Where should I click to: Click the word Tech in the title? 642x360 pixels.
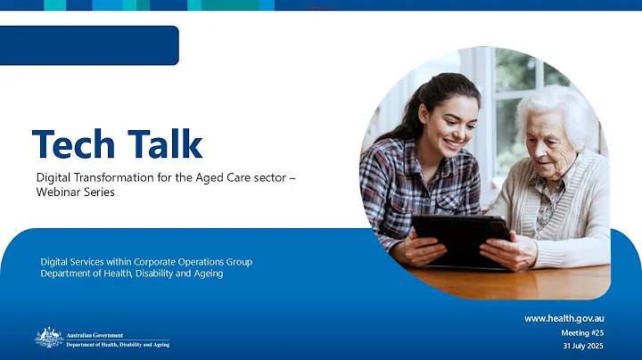pyautogui.click(x=73, y=144)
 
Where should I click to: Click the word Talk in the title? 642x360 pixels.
pyautogui.click(x=162, y=144)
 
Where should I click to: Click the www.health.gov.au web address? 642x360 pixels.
pyautogui.click(x=564, y=318)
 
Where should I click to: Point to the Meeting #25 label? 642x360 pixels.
pyautogui.click(x=582, y=332)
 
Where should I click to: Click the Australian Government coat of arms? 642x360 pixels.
pyautogui.click(x=48, y=338)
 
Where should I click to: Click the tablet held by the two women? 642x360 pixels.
pyautogui.click(x=459, y=237)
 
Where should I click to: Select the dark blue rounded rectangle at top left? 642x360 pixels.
pyautogui.click(x=89, y=45)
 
